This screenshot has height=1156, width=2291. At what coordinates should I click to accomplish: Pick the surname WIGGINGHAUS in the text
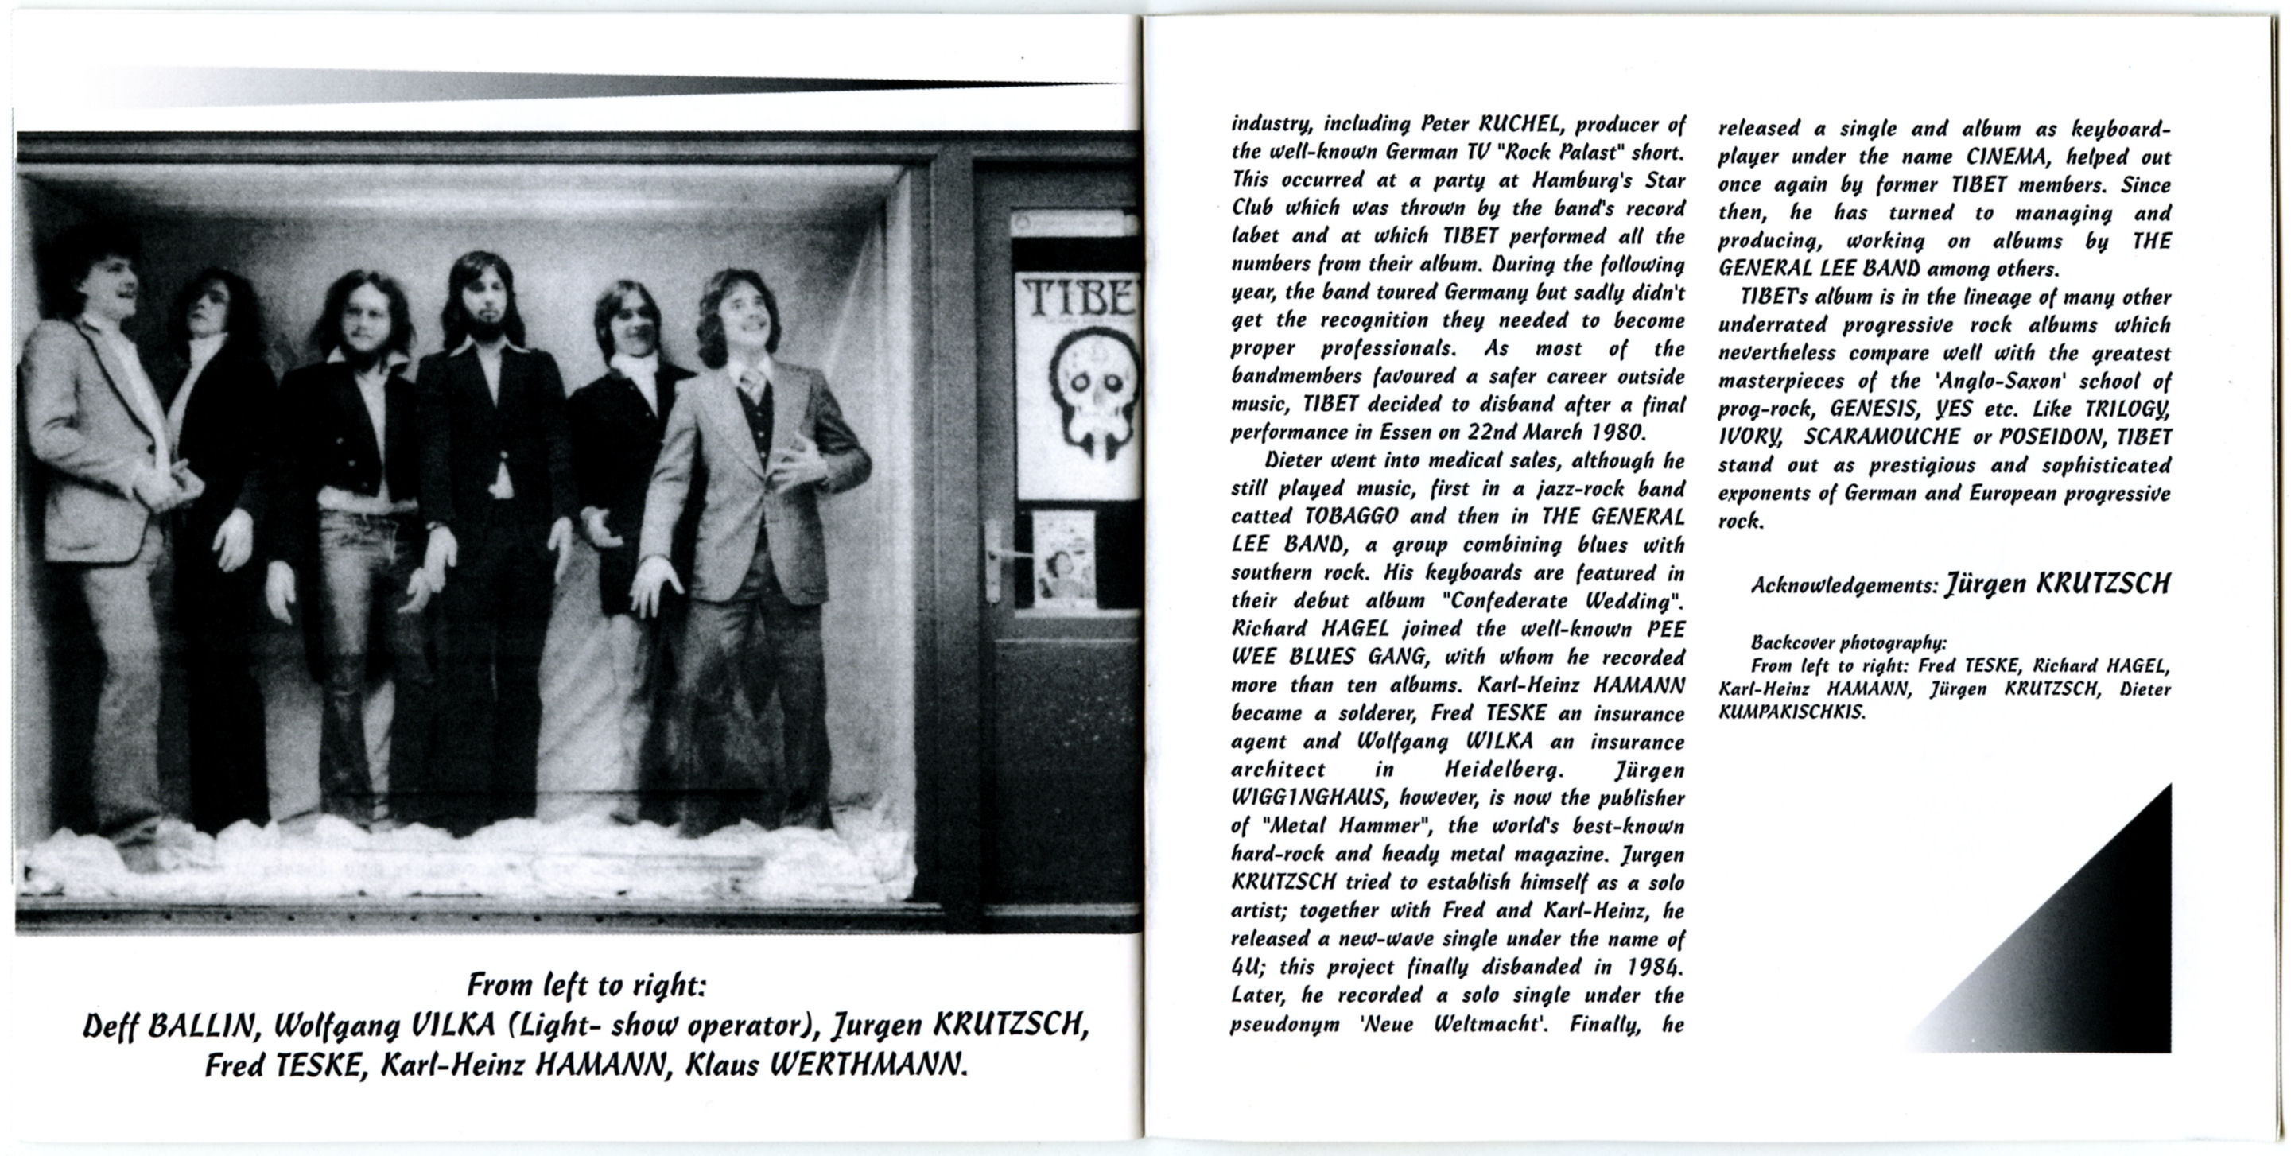1309,797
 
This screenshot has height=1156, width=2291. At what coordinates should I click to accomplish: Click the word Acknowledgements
1843,585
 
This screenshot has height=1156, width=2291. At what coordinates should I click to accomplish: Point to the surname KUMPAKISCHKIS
1791,712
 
